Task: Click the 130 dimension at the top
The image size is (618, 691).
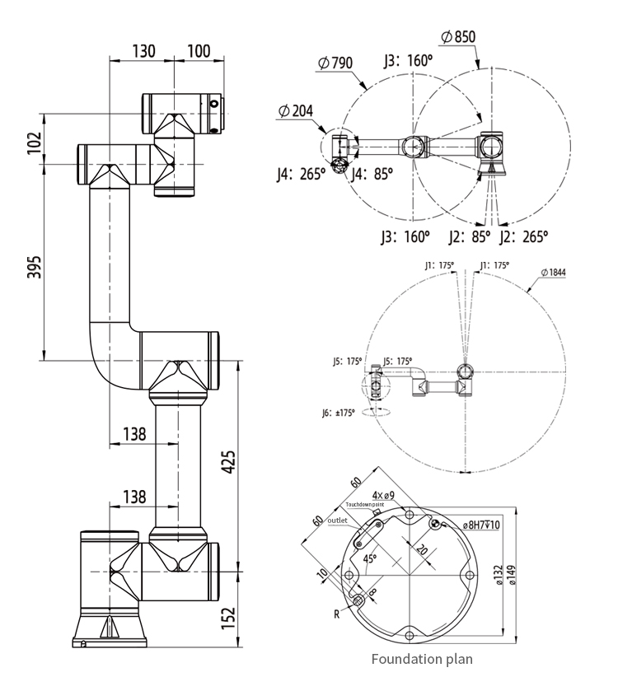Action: pyautogui.click(x=143, y=51)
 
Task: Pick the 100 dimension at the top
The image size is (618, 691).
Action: pyautogui.click(x=199, y=51)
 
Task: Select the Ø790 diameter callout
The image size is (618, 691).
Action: pyautogui.click(x=335, y=63)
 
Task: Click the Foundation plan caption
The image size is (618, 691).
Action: pyautogui.click(x=421, y=659)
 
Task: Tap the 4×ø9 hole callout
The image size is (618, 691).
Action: pyautogui.click(x=383, y=495)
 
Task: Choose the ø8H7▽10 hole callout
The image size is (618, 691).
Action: pyautogui.click(x=487, y=525)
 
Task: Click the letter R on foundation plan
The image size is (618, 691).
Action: pyautogui.click(x=337, y=614)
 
